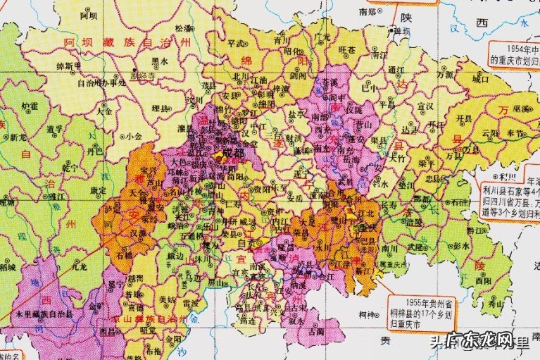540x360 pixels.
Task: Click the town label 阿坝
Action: tap(89, 15)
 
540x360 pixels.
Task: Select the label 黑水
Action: tap(161, 61)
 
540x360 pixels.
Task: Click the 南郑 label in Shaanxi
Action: tap(368, 12)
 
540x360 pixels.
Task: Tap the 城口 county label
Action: tap(481, 80)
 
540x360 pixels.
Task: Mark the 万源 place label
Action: tap(444, 74)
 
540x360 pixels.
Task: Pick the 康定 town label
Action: tap(98, 190)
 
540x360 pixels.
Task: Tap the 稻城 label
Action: tap(8, 267)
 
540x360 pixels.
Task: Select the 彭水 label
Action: tap(461, 246)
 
